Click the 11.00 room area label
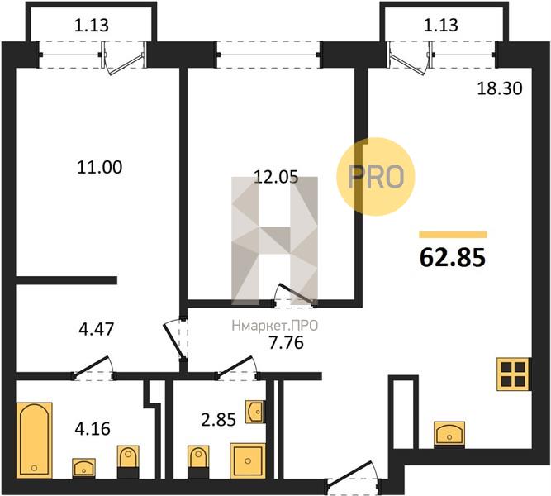tap(100, 167)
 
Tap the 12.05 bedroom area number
tap(276, 177)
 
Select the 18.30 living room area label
tap(499, 88)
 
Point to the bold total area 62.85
tap(453, 257)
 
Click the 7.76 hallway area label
tap(286, 342)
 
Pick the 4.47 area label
tap(97, 329)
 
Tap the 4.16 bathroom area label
tap(93, 429)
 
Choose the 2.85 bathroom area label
tap(218, 420)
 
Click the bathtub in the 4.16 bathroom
tap(35, 441)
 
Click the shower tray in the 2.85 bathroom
tap(248, 460)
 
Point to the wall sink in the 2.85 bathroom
tap(255, 411)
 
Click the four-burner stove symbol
tap(513, 374)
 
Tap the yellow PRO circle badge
tap(376, 176)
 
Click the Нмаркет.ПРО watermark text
tap(275, 326)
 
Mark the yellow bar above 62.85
tap(453, 235)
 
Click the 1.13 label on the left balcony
tap(92, 26)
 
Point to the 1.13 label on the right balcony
tap(440, 26)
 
